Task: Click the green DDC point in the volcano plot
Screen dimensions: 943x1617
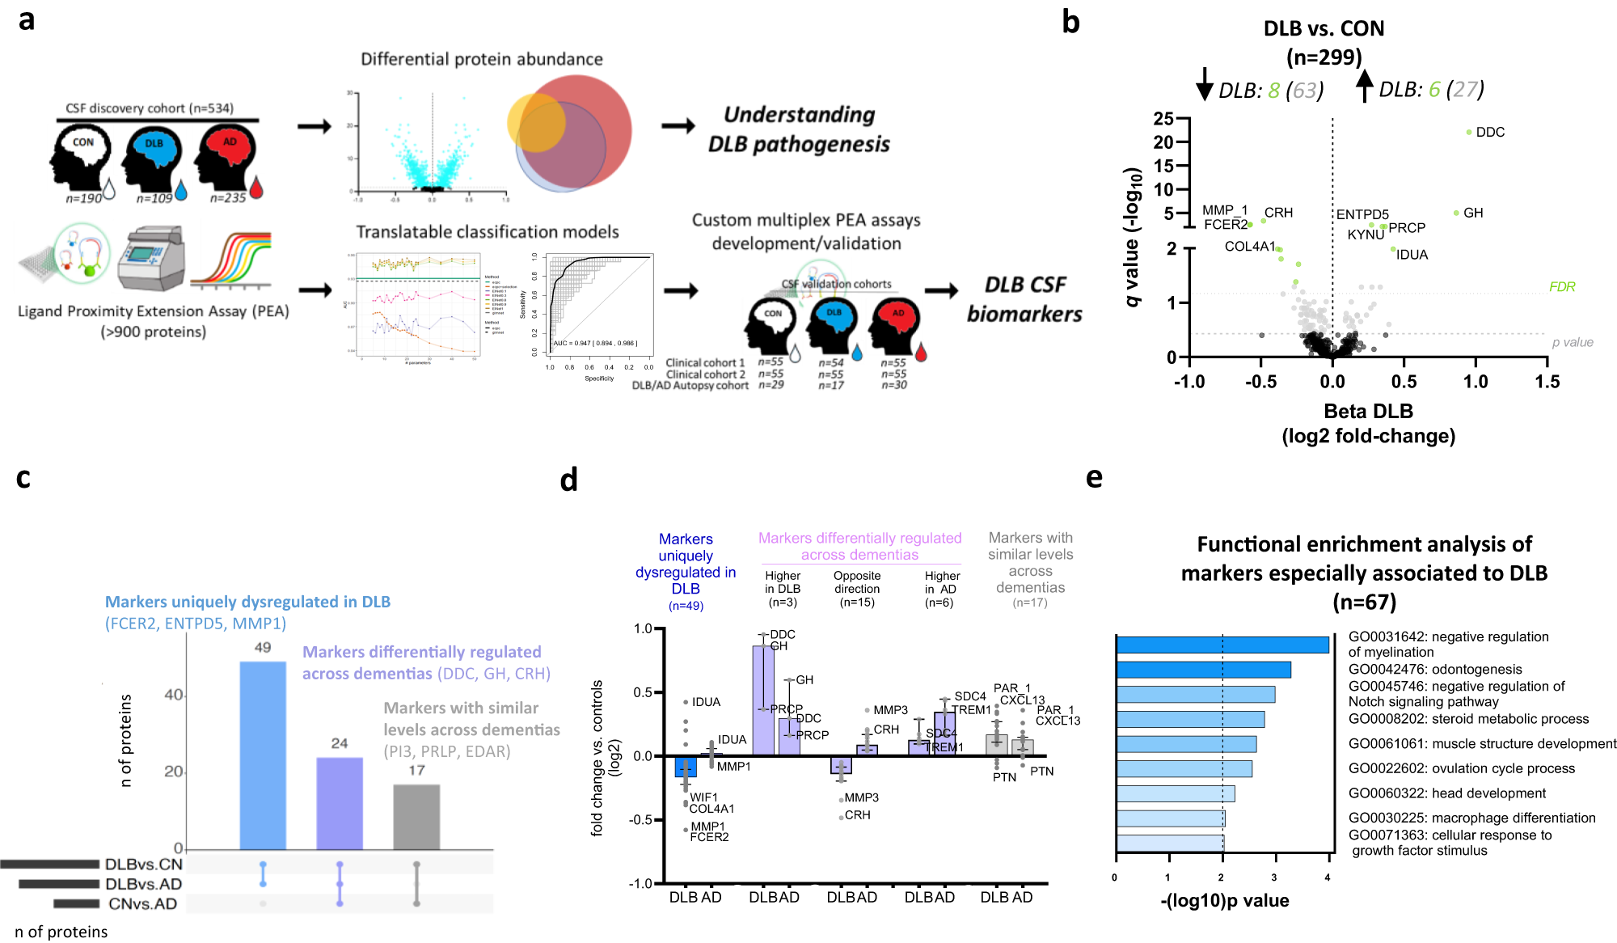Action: pos(1469,132)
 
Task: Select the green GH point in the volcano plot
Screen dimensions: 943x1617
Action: pos(1456,213)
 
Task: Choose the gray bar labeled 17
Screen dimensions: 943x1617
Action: pos(416,816)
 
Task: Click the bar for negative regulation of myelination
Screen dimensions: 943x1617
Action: pos(1222,645)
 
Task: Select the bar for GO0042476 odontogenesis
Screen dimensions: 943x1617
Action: pos(1203,670)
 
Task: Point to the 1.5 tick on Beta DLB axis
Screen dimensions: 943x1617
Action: pos(1547,382)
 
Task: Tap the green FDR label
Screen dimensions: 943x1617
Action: pos(1561,286)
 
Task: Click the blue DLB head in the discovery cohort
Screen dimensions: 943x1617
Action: pos(153,159)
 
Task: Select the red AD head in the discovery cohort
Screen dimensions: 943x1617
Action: pos(227,158)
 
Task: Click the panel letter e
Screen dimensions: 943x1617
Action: pos(1094,477)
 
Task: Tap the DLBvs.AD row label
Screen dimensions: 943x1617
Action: pos(143,884)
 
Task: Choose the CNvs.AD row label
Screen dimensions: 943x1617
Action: pos(142,903)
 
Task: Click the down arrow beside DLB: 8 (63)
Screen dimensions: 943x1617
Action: pos(1205,84)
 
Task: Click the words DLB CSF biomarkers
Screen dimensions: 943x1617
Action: pos(1024,299)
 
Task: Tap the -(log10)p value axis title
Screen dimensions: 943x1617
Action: pos(1224,900)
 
